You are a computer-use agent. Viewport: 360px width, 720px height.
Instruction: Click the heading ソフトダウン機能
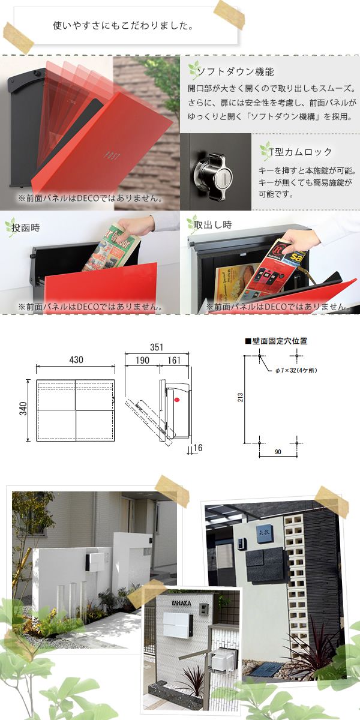pyautogui.click(x=235, y=71)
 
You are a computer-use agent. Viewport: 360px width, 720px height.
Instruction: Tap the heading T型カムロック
pyautogui.click(x=300, y=152)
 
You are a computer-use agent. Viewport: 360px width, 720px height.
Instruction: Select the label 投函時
pyautogui.click(x=26, y=228)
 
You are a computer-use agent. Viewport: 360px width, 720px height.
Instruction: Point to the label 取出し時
pyautogui.click(x=213, y=224)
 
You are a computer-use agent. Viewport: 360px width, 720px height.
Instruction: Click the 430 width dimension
pyautogui.click(x=76, y=359)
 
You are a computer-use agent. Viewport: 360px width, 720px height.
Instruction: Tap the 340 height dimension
pyautogui.click(x=23, y=409)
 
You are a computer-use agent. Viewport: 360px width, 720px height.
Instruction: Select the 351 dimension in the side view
pyautogui.click(x=157, y=347)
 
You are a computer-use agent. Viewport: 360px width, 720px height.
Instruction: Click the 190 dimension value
pyautogui.click(x=142, y=361)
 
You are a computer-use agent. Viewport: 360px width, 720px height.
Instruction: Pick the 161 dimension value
pyautogui.click(x=174, y=361)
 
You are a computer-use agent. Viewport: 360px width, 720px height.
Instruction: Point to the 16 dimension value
pyautogui.click(x=198, y=448)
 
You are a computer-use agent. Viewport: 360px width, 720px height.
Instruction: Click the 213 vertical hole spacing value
pyautogui.click(x=241, y=397)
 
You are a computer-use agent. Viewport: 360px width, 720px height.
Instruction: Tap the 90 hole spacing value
pyautogui.click(x=278, y=452)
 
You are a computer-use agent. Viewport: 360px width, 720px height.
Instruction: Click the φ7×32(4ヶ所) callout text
pyautogui.click(x=296, y=370)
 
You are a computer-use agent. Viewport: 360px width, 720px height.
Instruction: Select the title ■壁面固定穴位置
pyautogui.click(x=276, y=341)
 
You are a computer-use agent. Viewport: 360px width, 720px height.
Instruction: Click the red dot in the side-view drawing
pyautogui.click(x=176, y=400)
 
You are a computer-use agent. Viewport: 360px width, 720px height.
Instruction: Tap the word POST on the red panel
pyautogui.click(x=112, y=156)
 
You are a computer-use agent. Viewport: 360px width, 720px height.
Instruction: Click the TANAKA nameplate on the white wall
pyautogui.click(x=181, y=604)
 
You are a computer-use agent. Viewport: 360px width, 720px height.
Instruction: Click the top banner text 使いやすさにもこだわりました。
pyautogui.click(x=123, y=26)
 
